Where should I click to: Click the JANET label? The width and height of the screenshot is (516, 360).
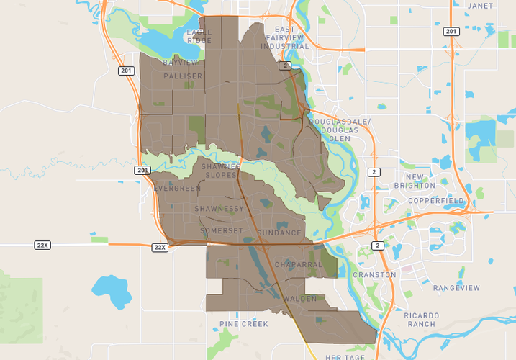(x=481, y=6)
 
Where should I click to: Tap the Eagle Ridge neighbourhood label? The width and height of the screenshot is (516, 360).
(x=199, y=37)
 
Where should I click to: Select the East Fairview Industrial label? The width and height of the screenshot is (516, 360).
(x=285, y=37)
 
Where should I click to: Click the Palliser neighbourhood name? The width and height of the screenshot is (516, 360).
(x=183, y=76)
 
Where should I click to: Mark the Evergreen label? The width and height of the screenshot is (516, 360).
(x=177, y=189)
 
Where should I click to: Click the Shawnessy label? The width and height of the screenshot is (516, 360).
(x=219, y=209)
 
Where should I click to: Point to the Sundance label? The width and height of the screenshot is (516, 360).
(x=279, y=233)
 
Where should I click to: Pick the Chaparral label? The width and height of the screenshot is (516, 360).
(x=298, y=265)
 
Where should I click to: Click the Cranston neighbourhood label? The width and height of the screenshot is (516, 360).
(x=374, y=275)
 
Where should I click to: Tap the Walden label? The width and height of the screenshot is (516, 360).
(x=300, y=298)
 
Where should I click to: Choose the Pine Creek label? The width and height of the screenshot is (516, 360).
(x=244, y=325)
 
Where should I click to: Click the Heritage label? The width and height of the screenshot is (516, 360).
(x=345, y=356)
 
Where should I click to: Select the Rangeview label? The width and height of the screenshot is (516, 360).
(x=456, y=288)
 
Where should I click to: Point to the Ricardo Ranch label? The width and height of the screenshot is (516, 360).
(x=421, y=320)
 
